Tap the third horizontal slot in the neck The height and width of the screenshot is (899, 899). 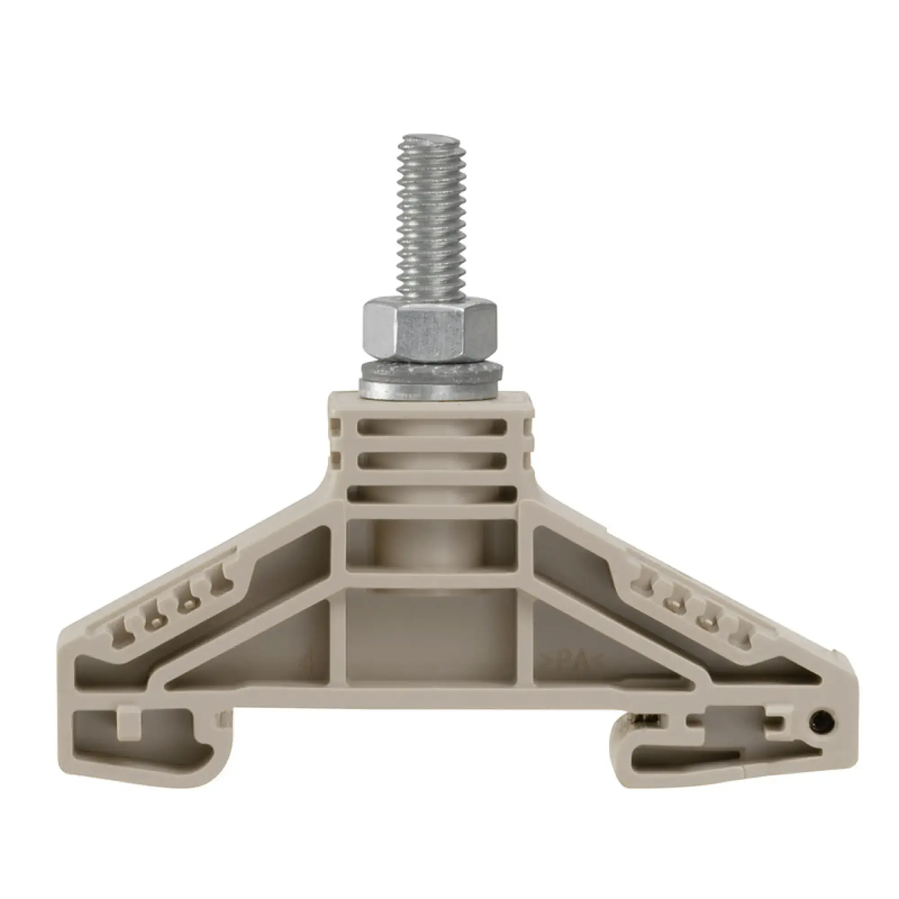pos(432,493)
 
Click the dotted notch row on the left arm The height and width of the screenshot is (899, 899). pos(172,605)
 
